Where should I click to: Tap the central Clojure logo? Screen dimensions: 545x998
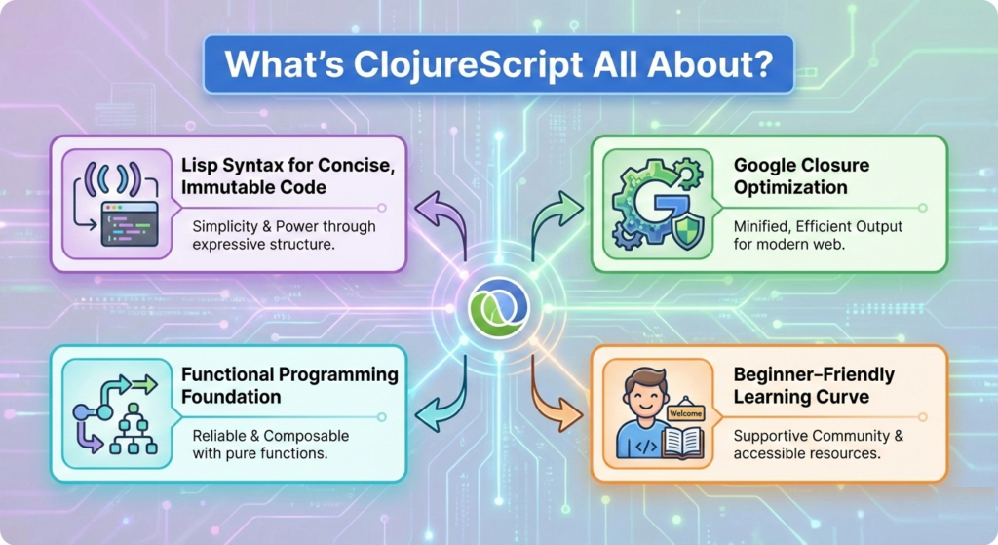click(x=498, y=304)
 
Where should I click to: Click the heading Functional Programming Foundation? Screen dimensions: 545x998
click(x=289, y=386)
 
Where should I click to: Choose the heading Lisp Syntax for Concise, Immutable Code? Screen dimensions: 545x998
click(x=288, y=176)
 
